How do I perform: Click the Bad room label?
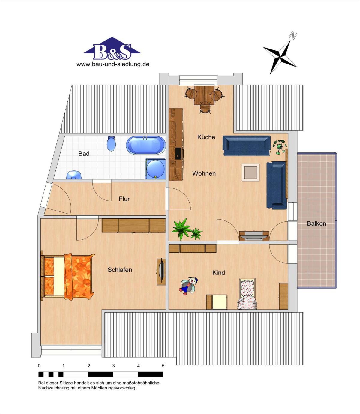click(x=84, y=154)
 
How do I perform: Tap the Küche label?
click(x=206, y=137)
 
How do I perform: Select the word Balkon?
click(x=316, y=223)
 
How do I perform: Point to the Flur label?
click(x=124, y=199)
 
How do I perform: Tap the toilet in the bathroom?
click(x=111, y=143)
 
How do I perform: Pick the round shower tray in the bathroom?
click(x=155, y=169)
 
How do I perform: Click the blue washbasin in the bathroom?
click(x=74, y=175)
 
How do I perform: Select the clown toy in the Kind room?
click(x=189, y=286)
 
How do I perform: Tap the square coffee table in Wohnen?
click(x=251, y=172)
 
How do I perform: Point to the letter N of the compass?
click(x=293, y=35)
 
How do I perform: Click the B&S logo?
click(x=112, y=49)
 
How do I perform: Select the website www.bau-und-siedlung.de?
click(x=113, y=64)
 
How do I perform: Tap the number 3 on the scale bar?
click(x=113, y=366)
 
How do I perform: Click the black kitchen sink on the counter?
click(x=178, y=154)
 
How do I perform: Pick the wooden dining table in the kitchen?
click(x=204, y=95)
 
